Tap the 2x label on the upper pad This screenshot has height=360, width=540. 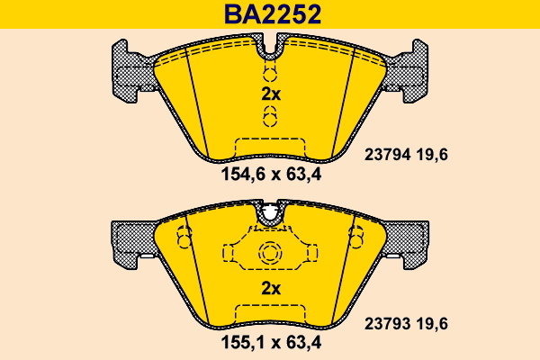[x=271, y=94]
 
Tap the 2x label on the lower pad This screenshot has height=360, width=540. [x=271, y=288]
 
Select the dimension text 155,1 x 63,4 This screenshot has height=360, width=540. [x=271, y=342]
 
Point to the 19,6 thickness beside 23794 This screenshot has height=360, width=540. [x=431, y=155]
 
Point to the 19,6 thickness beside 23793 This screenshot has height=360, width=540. [x=431, y=321]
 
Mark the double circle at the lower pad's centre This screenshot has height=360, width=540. [x=270, y=255]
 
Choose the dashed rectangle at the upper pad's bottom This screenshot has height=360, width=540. [x=270, y=146]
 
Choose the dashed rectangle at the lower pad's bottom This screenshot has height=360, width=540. [x=270, y=313]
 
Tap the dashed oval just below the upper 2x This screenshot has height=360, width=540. [x=270, y=115]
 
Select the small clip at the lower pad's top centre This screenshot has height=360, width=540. [x=270, y=213]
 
